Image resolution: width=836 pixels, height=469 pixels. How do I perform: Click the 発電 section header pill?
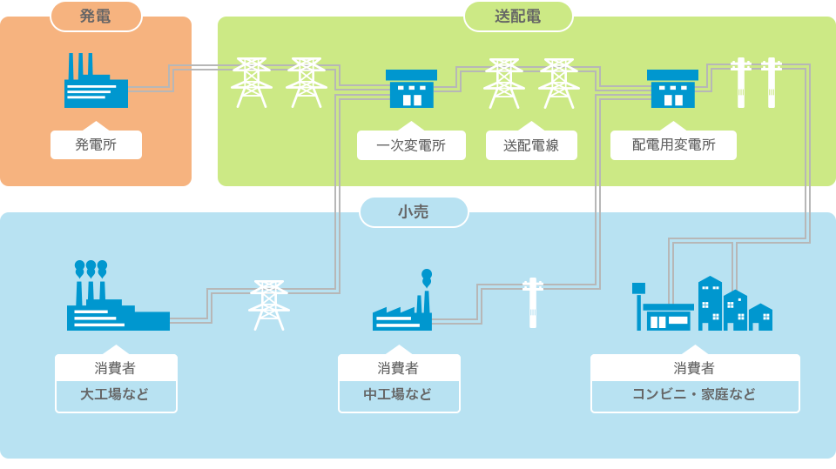pos(96,16)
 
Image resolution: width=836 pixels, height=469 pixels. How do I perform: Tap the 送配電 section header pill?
pos(518,16)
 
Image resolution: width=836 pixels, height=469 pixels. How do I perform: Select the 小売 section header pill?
pos(414,211)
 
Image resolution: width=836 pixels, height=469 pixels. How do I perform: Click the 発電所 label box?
pos(96,144)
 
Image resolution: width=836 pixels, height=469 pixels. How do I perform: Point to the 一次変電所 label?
pos(411,145)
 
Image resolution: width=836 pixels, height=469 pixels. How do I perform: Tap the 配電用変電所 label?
pos(673,145)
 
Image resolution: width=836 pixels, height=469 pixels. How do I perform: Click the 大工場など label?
pos(116,394)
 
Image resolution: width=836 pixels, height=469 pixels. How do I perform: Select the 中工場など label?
pos(398,394)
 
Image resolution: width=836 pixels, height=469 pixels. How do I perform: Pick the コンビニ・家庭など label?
pos(694,394)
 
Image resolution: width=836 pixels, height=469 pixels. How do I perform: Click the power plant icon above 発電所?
pos(95,82)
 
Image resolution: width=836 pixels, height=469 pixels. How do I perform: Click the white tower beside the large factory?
pos(269,305)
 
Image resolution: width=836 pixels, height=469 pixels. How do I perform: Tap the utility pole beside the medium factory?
pos(532,302)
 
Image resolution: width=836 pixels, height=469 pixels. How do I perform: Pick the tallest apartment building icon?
pos(710,303)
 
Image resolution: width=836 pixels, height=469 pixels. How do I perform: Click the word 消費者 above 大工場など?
pos(116,368)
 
